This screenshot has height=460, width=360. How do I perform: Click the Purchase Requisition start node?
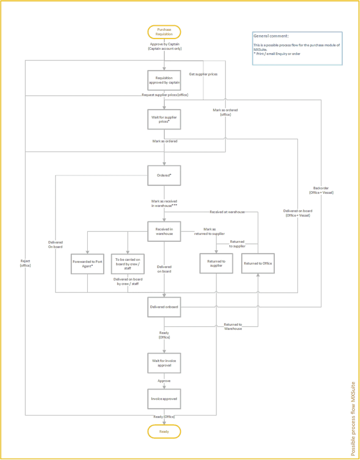[164, 32]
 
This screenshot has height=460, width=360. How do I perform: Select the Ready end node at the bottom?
[164, 431]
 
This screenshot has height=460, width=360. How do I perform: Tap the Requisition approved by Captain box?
[164, 80]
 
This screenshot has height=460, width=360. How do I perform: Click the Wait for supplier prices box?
[164, 119]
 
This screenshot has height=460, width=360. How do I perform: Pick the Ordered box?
[164, 175]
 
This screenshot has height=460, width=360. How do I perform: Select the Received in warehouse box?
[164, 231]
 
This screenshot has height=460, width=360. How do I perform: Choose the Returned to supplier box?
[217, 263]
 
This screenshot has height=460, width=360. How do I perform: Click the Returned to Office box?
[258, 263]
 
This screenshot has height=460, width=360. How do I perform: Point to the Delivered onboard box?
[164, 307]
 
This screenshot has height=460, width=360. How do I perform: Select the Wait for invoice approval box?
[164, 363]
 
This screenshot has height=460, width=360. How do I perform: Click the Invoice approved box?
[164, 399]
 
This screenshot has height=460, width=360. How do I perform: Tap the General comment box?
[297, 48]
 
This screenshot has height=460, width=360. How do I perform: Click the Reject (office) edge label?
[26, 263]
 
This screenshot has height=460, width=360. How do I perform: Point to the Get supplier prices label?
[203, 74]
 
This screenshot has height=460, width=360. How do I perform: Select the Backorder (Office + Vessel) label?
[321, 190]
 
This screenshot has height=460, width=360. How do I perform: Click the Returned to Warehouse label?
[233, 327]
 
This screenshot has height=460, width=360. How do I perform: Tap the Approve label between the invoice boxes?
[164, 381]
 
